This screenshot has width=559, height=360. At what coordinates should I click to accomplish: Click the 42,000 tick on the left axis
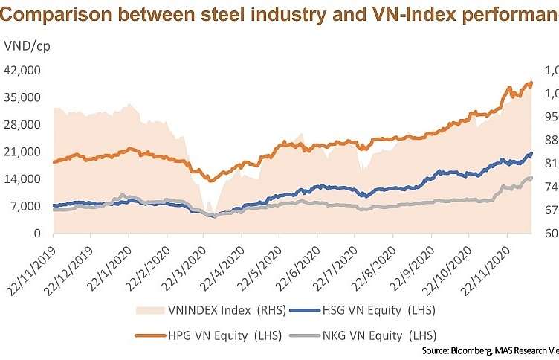(x=23, y=71)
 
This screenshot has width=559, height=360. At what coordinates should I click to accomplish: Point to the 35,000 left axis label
(x=23, y=97)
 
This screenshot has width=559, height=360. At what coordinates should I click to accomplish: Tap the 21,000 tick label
(x=23, y=152)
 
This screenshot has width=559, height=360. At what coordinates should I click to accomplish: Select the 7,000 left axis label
(x=26, y=206)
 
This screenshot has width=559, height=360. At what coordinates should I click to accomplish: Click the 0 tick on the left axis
(x=37, y=233)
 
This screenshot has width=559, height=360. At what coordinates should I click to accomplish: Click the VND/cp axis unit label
(x=25, y=46)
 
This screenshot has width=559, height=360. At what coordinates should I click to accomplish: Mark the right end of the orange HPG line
(x=531, y=83)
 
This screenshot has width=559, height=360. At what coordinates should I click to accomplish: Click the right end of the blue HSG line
(x=531, y=154)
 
